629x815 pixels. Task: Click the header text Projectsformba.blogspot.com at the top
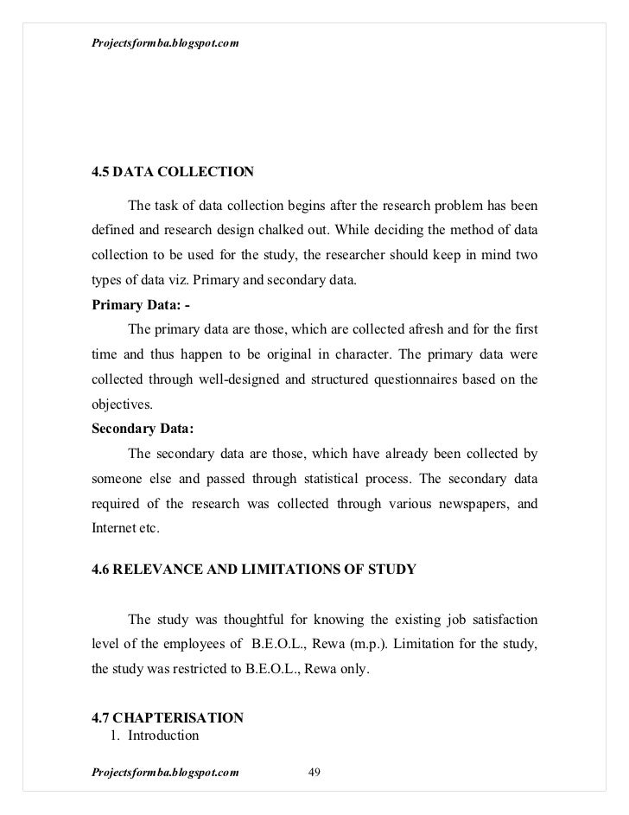tap(165, 19)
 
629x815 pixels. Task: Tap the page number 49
tap(314, 772)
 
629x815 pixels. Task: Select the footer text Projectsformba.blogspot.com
tap(165, 772)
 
